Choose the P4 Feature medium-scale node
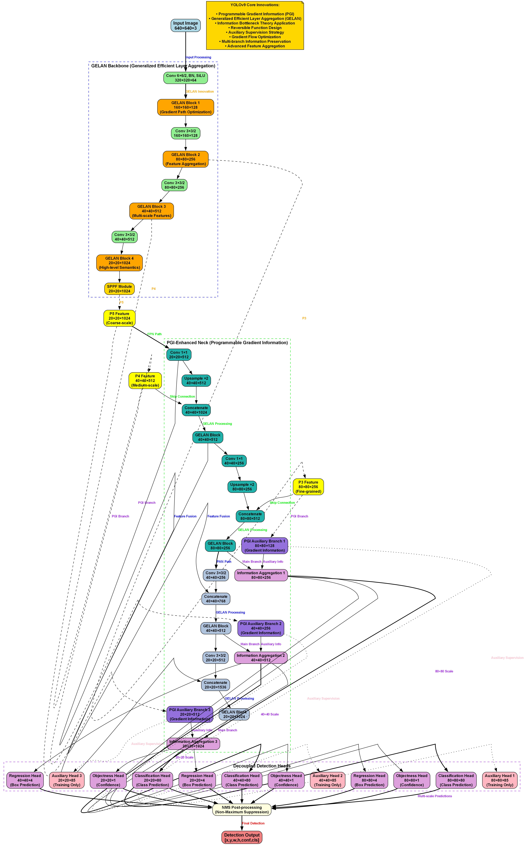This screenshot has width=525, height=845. point(145,380)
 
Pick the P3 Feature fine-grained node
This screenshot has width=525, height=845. point(308,487)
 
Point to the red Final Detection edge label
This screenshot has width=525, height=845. point(253,823)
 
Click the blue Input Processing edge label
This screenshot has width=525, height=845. point(198,57)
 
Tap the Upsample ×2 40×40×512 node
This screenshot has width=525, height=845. point(196,380)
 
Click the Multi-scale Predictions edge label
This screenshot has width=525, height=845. point(435,796)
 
